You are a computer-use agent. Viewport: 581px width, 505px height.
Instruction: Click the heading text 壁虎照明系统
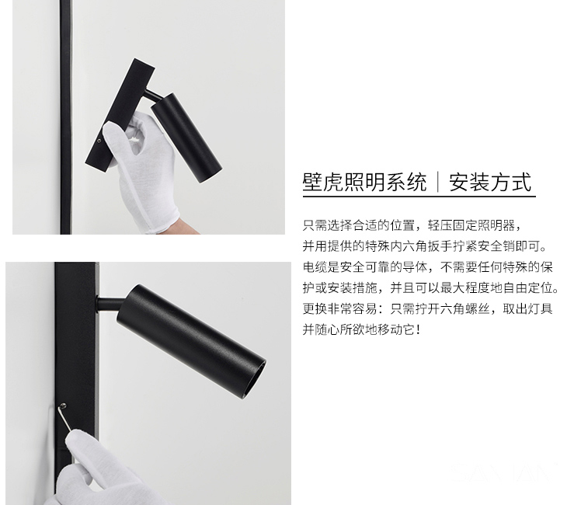click(x=364, y=182)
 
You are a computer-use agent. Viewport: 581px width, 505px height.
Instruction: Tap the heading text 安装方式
click(x=490, y=182)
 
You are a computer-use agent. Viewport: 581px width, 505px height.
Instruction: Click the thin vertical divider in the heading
click(x=437, y=182)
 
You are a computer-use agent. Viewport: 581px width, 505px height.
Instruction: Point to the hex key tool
click(x=64, y=418)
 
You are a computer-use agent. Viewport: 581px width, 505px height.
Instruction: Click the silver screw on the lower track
click(x=64, y=406)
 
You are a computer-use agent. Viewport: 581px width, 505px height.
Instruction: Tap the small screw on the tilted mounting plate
click(x=99, y=141)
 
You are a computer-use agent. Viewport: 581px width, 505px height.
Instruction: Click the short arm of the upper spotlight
click(x=153, y=96)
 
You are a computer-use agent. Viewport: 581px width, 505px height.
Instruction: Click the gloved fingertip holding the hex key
click(x=74, y=437)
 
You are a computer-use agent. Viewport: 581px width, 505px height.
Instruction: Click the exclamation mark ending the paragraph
click(x=419, y=329)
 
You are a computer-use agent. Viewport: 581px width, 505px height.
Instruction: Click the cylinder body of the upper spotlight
click(x=186, y=138)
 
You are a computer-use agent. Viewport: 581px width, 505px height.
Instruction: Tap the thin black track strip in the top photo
click(x=65, y=117)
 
